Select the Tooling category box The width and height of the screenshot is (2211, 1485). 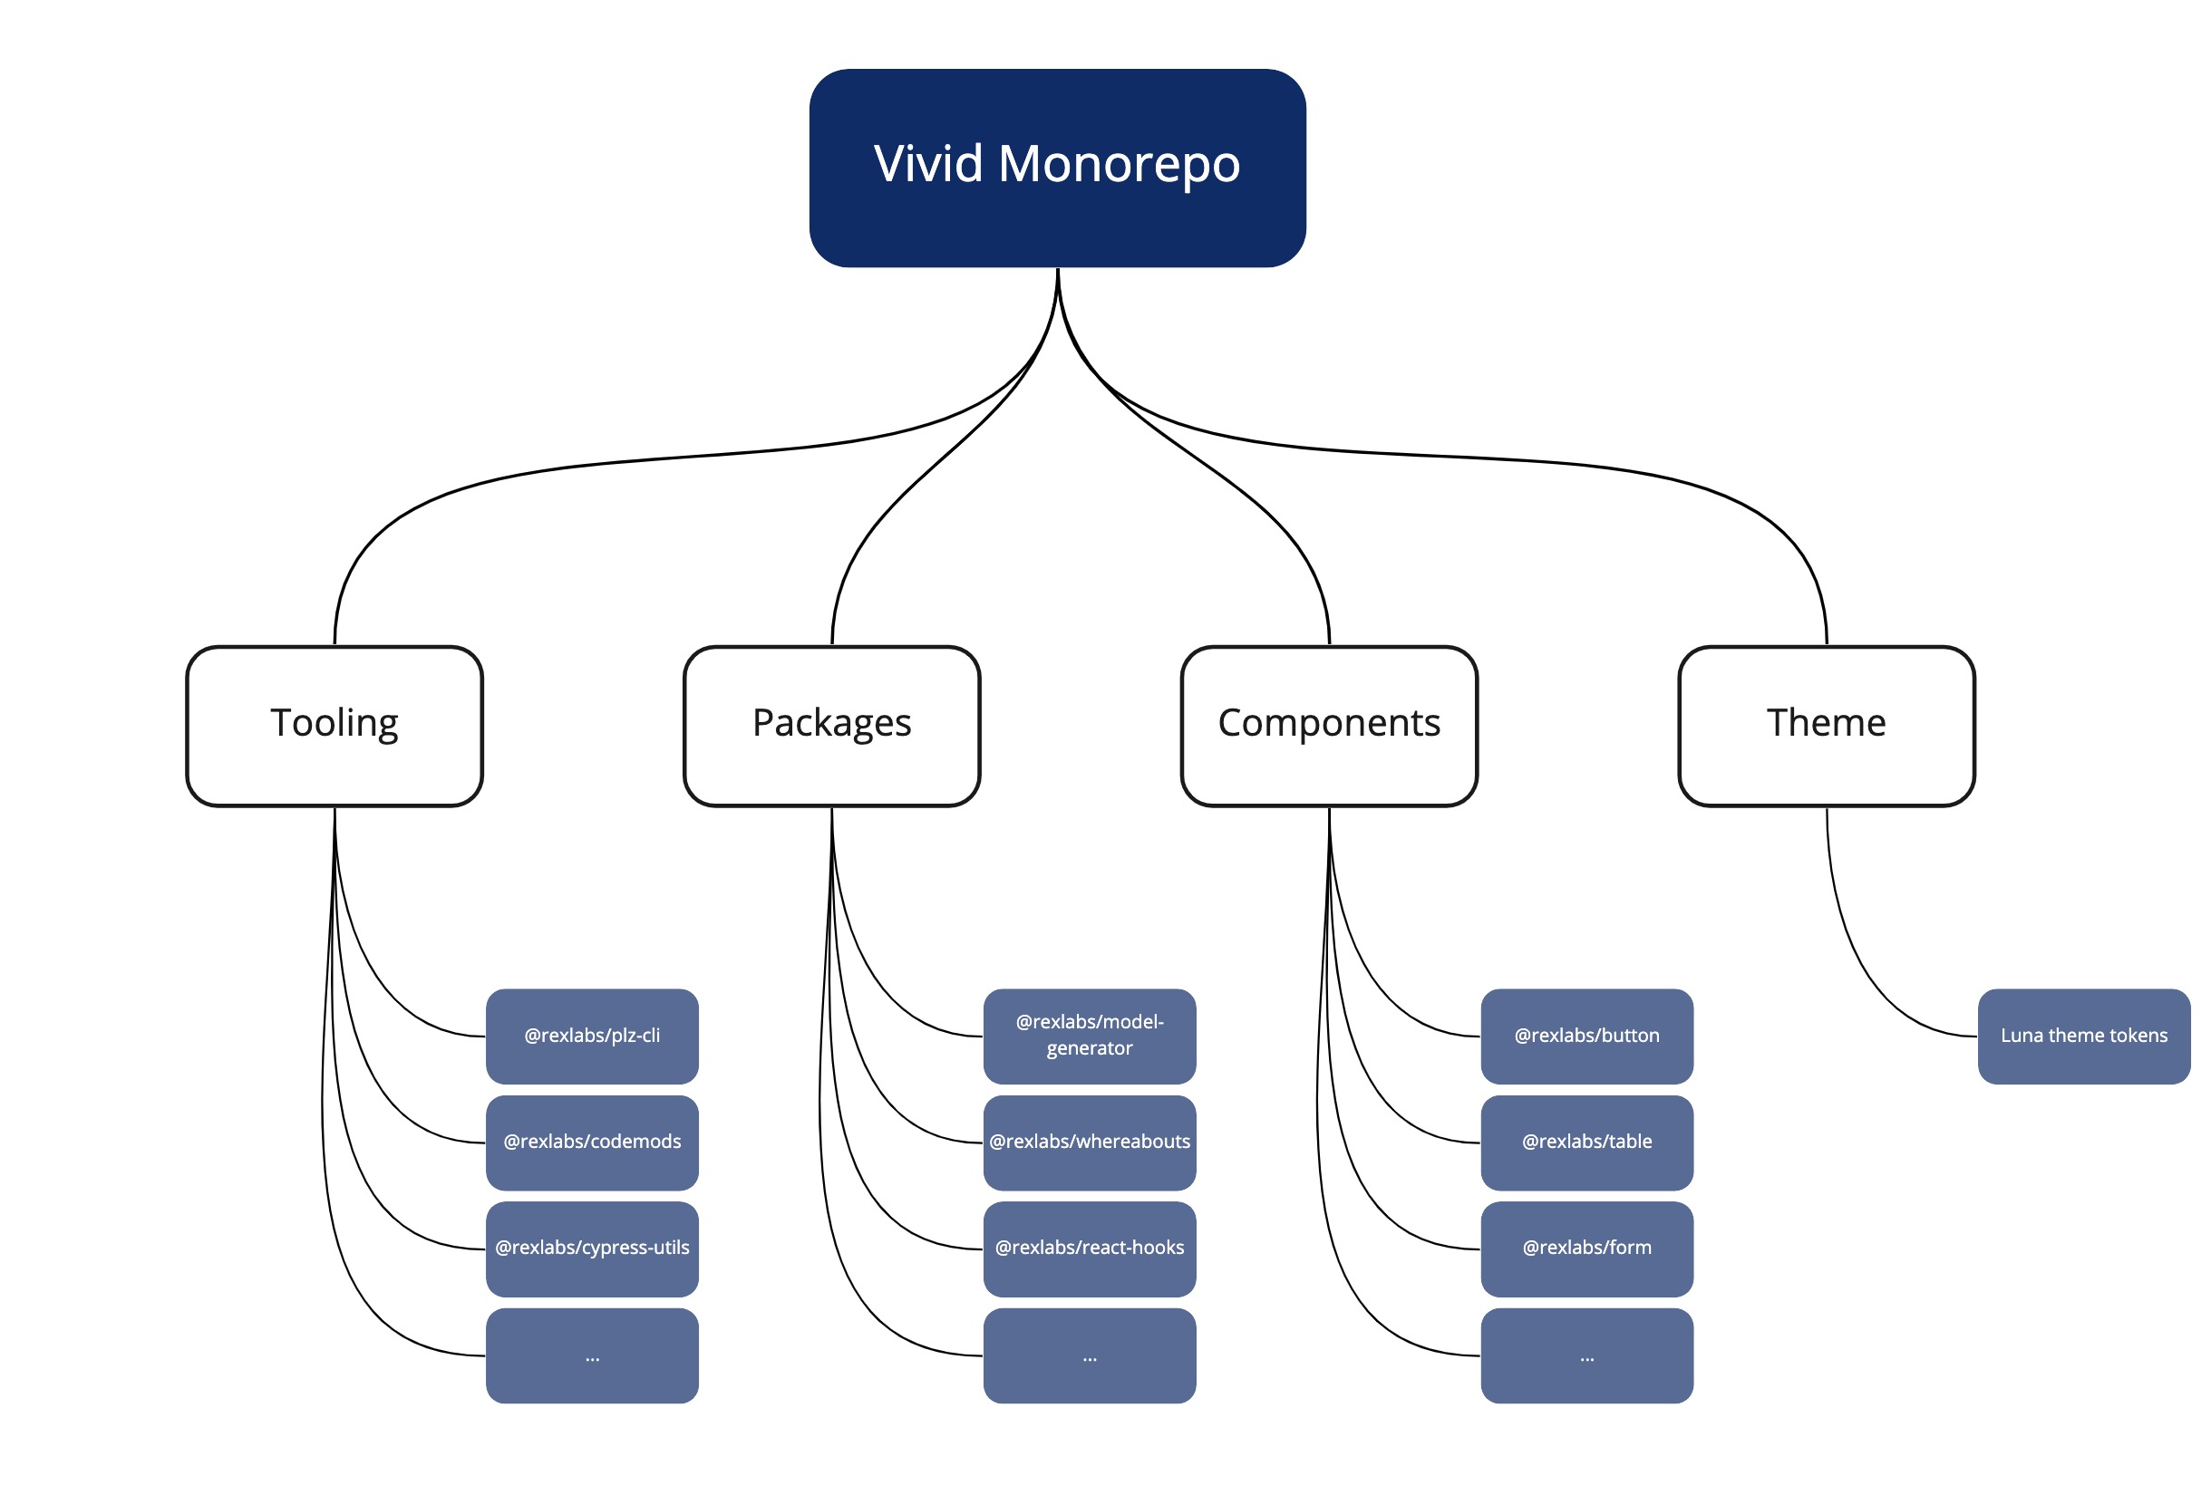[x=335, y=726]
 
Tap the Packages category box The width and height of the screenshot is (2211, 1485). [x=831, y=726]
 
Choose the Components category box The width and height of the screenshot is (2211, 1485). [x=1329, y=726]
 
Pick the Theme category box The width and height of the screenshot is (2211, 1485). [x=1827, y=726]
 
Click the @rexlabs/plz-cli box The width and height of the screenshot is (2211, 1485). [x=592, y=1037]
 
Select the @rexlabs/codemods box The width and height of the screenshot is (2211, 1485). [x=592, y=1143]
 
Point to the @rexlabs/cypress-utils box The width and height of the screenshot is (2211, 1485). [x=592, y=1249]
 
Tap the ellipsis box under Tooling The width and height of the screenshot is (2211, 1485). [x=592, y=1355]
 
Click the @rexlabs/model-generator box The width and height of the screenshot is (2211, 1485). [x=1090, y=1037]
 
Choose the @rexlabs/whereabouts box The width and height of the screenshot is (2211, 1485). [x=1090, y=1143]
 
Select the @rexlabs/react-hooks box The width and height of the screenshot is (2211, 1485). [x=1090, y=1249]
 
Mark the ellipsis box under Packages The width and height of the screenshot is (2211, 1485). [x=1090, y=1355]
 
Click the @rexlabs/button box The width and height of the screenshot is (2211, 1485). [x=1586, y=1037]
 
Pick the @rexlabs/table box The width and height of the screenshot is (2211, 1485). [x=1586, y=1143]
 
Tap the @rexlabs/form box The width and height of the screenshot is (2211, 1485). [x=1586, y=1249]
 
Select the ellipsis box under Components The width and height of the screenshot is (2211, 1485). [x=1586, y=1355]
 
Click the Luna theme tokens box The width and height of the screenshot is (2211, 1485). [x=2084, y=1037]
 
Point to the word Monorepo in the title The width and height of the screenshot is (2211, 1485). [x=1119, y=165]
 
